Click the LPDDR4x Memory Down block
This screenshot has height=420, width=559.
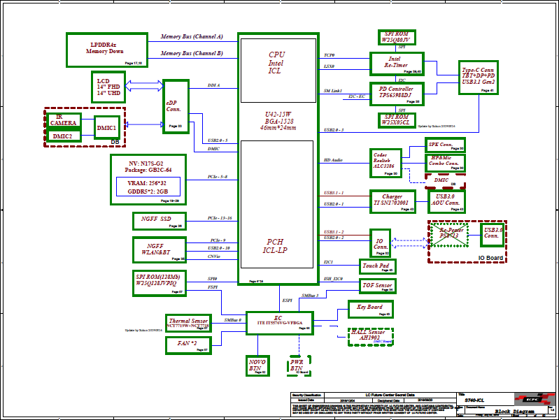point(106,50)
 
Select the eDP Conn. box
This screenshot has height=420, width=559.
point(176,106)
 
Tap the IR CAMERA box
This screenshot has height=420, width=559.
point(63,120)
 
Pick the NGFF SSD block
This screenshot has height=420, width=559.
point(159,221)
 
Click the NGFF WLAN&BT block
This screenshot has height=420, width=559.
point(159,249)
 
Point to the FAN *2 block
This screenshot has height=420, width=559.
point(188,345)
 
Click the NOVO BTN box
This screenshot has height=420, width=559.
point(257,365)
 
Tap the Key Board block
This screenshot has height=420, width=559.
point(370,309)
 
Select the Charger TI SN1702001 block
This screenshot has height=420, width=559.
point(393,201)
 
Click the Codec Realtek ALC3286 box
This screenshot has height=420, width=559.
point(384,162)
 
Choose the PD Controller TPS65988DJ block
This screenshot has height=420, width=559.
point(396,93)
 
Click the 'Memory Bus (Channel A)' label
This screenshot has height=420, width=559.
point(192,36)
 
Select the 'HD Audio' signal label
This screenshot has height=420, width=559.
point(333,161)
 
